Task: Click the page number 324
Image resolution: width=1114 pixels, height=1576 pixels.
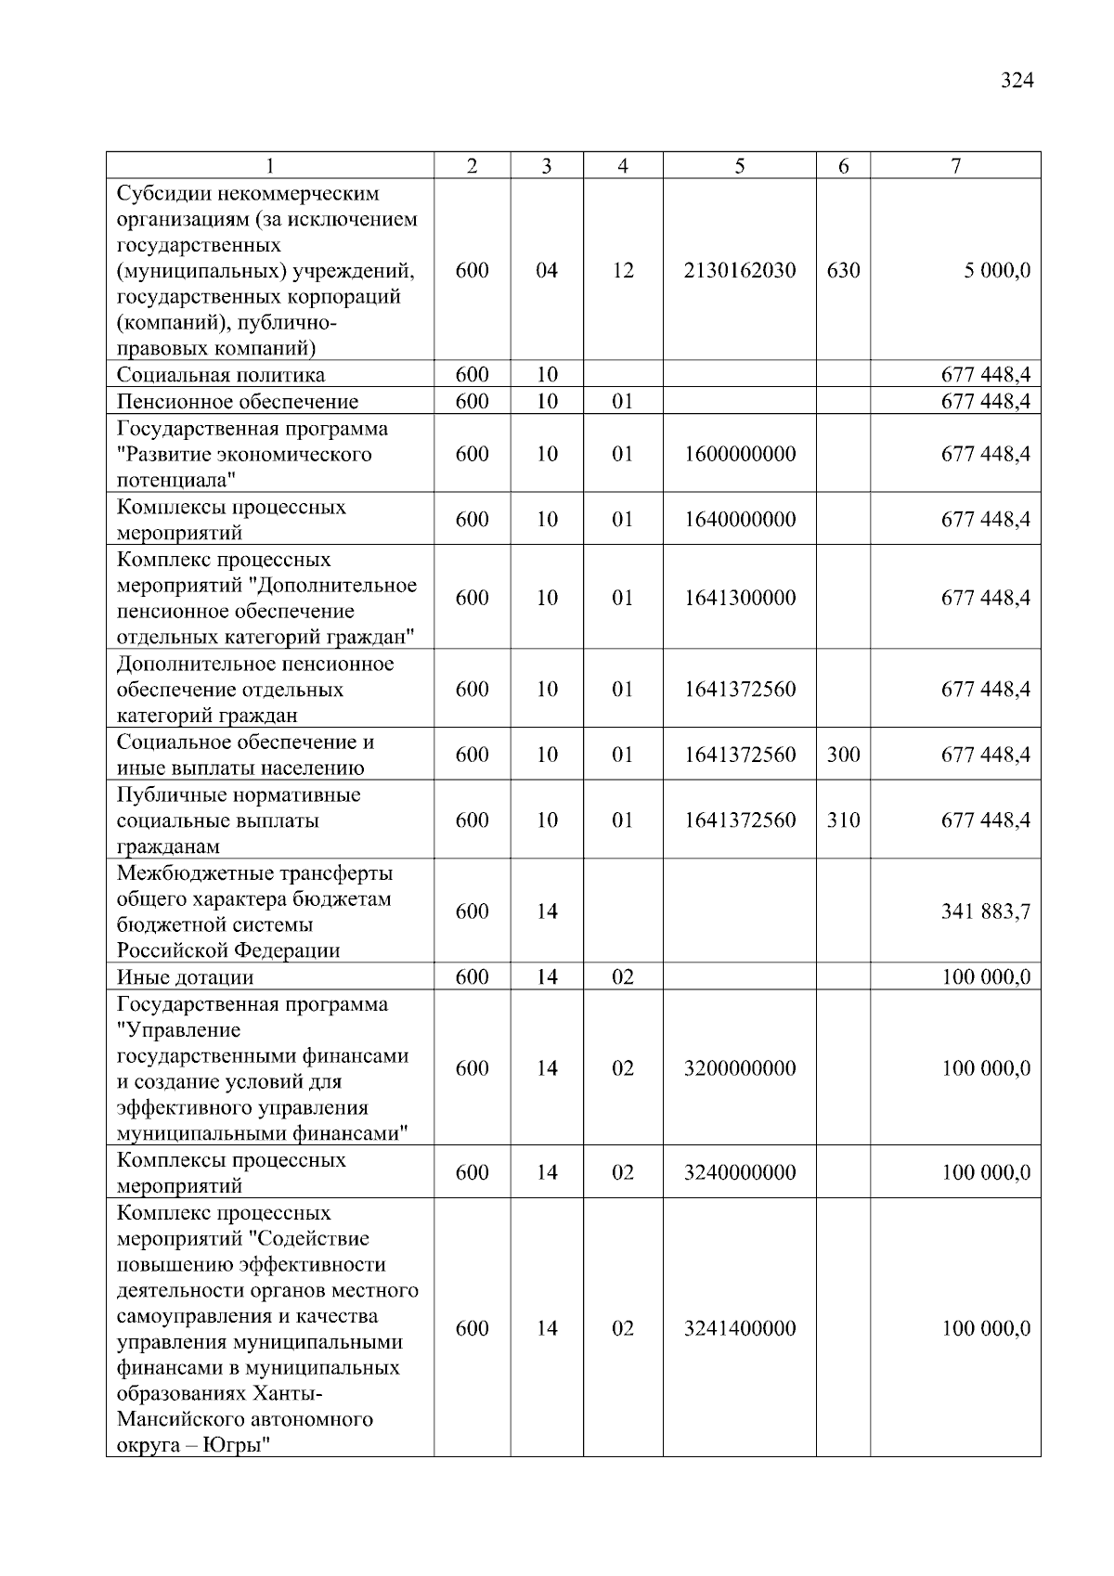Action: click(1017, 81)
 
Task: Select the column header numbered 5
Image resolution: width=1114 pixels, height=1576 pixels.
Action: click(739, 166)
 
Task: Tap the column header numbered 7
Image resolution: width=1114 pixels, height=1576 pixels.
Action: click(955, 166)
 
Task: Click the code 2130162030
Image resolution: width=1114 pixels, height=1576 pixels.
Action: click(739, 271)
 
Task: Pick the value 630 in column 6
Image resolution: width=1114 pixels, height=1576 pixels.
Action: click(843, 271)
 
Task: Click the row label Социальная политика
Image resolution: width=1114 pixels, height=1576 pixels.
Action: click(221, 375)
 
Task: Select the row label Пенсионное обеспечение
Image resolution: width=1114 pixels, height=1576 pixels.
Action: click(237, 402)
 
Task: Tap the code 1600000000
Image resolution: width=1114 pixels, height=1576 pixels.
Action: click(739, 455)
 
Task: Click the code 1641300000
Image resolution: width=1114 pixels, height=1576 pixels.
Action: click(739, 598)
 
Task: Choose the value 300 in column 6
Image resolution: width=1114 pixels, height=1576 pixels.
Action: click(843, 755)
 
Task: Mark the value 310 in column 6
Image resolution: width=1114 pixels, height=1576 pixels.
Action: click(843, 820)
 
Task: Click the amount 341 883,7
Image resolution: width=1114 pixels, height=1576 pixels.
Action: click(985, 911)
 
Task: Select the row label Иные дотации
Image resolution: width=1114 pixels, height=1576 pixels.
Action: click(185, 977)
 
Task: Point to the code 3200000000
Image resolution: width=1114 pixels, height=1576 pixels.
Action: click(739, 1068)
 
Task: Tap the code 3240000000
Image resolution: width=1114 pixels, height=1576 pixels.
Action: click(739, 1172)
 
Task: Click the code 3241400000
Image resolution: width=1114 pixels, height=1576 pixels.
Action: click(739, 1328)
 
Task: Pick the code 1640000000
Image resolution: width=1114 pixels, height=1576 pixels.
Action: click(739, 520)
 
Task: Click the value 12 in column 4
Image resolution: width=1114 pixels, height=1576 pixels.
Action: click(622, 271)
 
